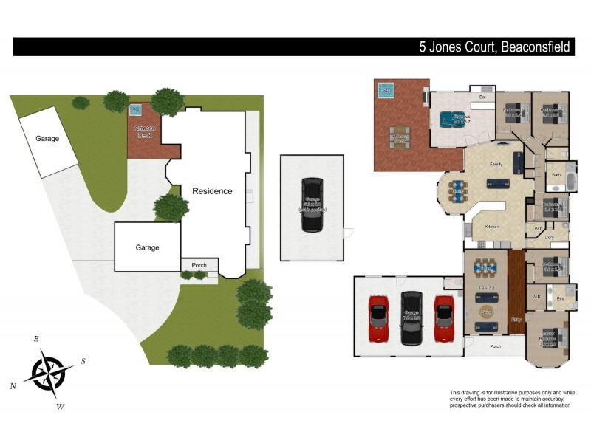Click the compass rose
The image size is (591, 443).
48,373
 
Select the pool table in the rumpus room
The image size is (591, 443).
448,118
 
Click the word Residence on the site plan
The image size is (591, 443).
212,191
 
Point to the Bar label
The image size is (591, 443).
482,97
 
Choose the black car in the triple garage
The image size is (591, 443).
411,317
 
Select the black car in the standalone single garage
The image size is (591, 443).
312,205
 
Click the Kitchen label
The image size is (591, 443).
492,227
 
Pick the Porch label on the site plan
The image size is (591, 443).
199,266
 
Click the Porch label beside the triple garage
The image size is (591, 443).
496,346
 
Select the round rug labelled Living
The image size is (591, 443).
486,312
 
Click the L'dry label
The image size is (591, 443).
550,237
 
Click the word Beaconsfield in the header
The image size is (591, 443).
536,47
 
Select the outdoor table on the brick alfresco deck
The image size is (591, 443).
400,138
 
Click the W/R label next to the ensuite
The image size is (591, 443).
536,297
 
